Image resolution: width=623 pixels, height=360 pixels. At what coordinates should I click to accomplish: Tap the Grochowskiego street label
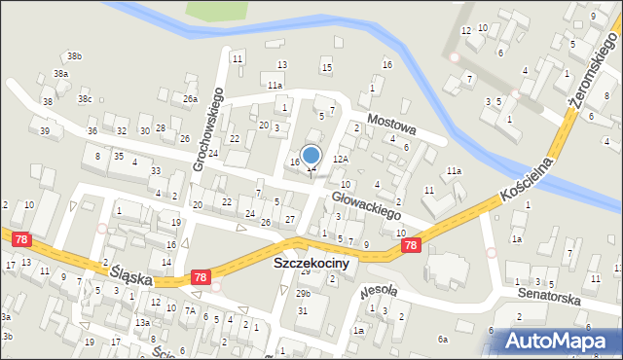click(208, 129)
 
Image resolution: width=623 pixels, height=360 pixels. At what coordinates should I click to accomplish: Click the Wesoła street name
click(377, 289)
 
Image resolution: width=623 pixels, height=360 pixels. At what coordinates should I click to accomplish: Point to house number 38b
click(74, 56)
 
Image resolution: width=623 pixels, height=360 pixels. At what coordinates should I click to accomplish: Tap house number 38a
click(61, 74)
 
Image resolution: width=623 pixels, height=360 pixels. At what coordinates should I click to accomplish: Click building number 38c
click(85, 98)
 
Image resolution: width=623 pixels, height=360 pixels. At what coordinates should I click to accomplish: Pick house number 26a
click(190, 99)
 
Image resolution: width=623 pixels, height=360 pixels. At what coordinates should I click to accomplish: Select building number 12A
click(341, 159)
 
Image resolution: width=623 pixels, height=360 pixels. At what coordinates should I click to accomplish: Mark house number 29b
click(304, 293)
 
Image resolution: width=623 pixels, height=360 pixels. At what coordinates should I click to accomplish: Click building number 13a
click(142, 323)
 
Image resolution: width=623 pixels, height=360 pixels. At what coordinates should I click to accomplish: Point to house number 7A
click(191, 311)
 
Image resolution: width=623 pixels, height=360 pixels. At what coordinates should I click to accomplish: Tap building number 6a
click(442, 339)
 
